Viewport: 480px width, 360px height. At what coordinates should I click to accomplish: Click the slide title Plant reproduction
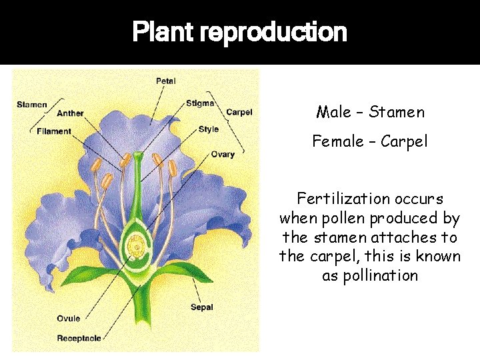tap(239, 32)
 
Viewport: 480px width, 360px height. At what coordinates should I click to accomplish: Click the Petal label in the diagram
tap(165, 81)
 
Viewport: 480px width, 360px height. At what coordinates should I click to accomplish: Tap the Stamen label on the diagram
tap(31, 104)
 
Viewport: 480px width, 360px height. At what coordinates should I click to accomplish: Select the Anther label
tap(70, 113)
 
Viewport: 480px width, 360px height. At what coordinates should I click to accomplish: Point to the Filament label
tap(54, 131)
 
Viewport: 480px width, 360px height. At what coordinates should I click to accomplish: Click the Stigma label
tap(200, 103)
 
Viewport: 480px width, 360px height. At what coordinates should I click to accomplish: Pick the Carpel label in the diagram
tap(239, 112)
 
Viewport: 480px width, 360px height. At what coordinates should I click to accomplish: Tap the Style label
tap(208, 129)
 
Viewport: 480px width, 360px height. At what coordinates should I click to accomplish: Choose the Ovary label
tap(223, 154)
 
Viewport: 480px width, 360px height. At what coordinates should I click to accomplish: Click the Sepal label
tap(202, 308)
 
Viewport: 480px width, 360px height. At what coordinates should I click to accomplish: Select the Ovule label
tap(68, 319)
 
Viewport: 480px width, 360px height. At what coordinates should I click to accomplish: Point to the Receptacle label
tap(79, 338)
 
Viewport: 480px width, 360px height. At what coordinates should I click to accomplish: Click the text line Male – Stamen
tap(370, 112)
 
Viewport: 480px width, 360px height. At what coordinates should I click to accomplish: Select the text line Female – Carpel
tap(370, 141)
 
